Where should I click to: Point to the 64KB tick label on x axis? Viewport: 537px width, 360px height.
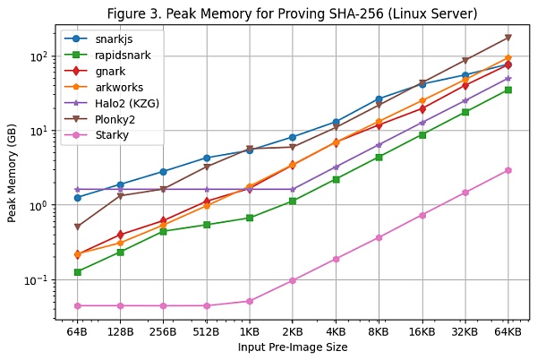coord(507,331)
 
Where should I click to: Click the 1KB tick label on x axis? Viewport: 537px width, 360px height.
coord(249,331)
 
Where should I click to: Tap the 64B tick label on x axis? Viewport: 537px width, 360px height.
coord(77,331)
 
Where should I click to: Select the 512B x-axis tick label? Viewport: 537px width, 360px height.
coord(206,331)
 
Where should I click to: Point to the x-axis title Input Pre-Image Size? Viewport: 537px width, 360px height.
coord(293,347)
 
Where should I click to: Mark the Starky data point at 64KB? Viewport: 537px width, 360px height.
coord(507,170)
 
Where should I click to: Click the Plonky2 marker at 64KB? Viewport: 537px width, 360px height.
coord(507,38)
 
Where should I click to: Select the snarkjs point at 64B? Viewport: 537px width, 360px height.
coord(77,197)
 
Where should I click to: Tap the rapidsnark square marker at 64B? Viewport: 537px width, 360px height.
coord(77,271)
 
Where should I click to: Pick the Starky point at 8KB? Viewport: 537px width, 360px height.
coord(379,237)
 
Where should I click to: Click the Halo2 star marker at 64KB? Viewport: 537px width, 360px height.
coord(507,79)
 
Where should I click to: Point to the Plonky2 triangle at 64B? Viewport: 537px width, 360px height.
coord(77,227)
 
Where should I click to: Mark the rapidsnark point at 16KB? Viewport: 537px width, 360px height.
coord(422,135)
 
